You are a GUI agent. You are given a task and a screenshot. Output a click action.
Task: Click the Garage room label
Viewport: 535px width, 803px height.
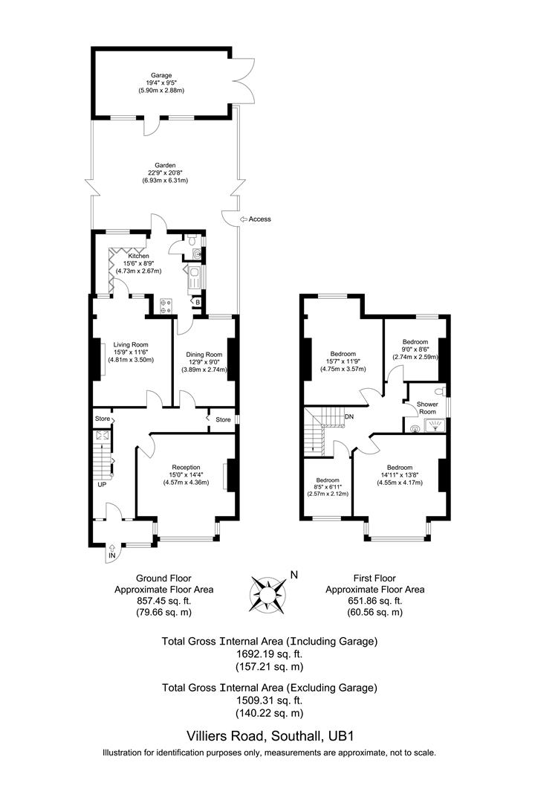(x=160, y=75)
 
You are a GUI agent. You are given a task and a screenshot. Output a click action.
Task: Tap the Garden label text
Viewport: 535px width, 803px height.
(x=165, y=165)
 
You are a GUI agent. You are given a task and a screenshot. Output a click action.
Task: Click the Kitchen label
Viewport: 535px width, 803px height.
(x=127, y=257)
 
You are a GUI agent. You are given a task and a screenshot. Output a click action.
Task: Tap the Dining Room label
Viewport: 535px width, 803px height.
(x=204, y=355)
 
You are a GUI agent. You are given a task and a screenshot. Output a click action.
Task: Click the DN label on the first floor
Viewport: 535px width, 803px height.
(x=348, y=416)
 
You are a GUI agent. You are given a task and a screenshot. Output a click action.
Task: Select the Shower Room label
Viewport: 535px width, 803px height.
(x=427, y=407)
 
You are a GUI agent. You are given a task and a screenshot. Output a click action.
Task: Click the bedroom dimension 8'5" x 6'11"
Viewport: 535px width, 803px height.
(x=327, y=487)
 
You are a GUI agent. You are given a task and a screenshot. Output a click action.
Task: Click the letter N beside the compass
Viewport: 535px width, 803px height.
(x=294, y=574)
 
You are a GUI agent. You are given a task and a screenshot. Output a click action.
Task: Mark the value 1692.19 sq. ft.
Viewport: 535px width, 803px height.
(x=269, y=654)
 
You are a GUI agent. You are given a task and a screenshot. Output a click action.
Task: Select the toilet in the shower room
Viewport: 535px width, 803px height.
(x=439, y=390)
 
